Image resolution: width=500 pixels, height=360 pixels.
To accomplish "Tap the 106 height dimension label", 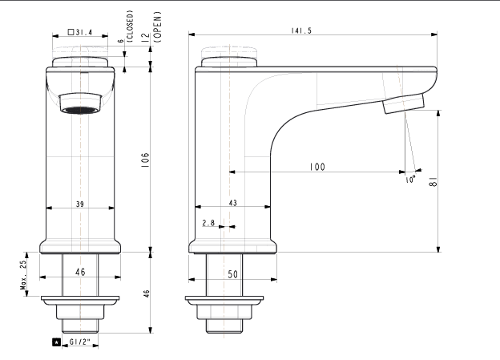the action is click(145, 160).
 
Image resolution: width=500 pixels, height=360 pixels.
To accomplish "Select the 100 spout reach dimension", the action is click(317, 167).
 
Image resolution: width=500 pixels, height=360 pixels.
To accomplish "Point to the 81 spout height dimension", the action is click(433, 181).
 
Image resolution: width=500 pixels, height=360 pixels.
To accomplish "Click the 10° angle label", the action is click(410, 180).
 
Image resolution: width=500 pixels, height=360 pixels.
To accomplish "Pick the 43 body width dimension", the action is click(233, 203).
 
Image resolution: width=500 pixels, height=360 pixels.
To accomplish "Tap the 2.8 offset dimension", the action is click(208, 222).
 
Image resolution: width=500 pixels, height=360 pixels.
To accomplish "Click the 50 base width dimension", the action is click(233, 274).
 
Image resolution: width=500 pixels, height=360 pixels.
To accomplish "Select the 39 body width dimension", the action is click(80, 204).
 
